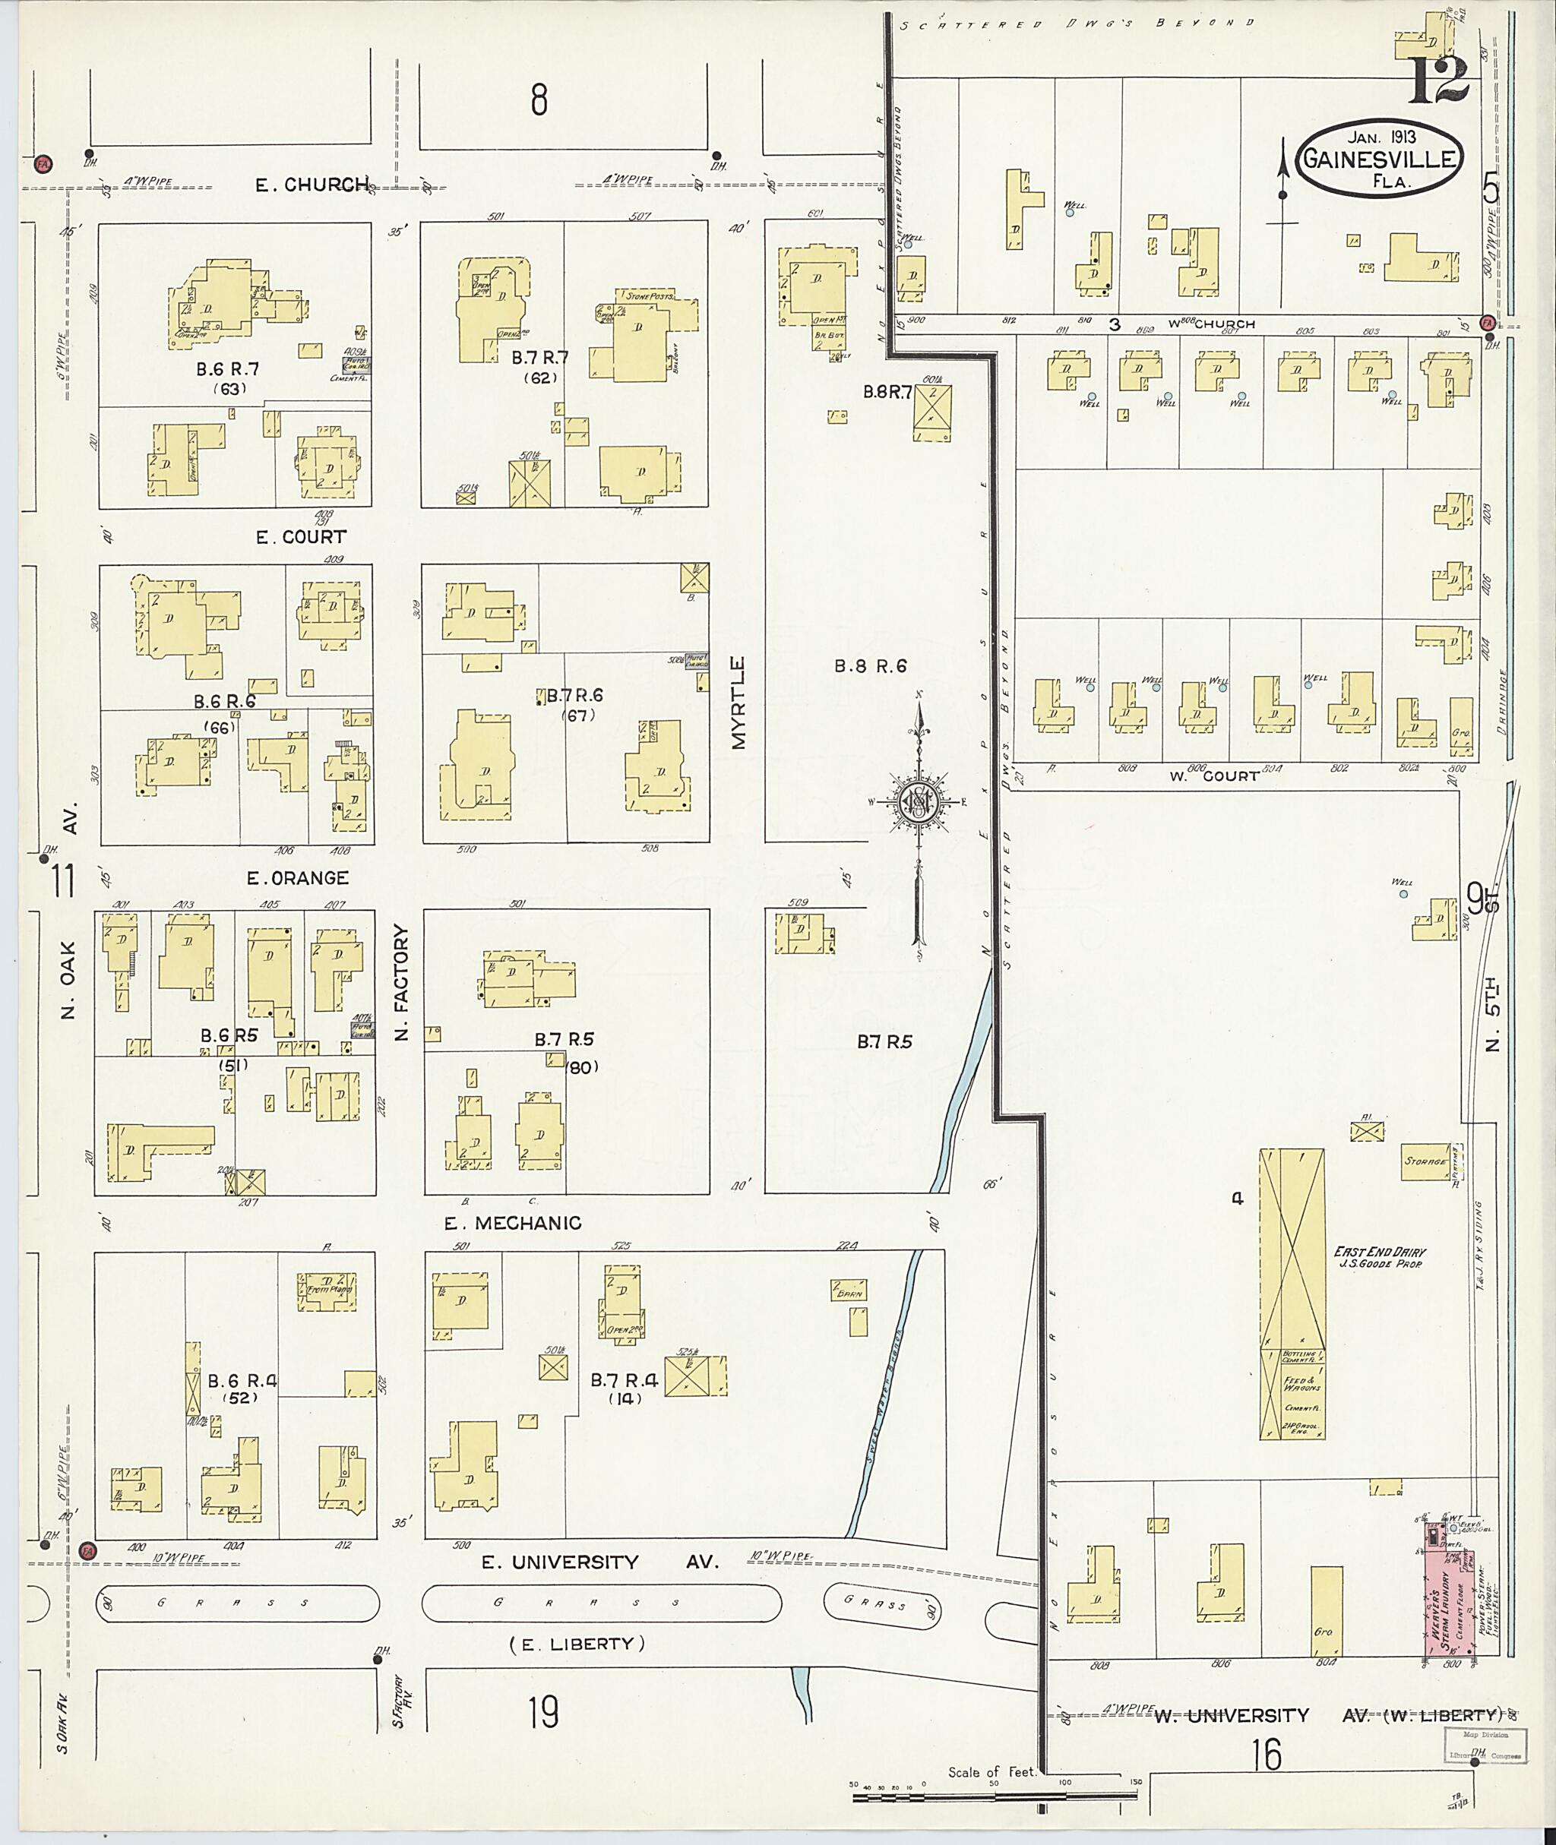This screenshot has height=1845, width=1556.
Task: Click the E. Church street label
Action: click(312, 185)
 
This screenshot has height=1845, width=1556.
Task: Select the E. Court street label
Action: click(301, 536)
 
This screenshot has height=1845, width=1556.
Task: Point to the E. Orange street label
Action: click(297, 877)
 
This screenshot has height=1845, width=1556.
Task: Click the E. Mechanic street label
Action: click(513, 1222)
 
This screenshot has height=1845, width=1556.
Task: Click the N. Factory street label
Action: click(402, 981)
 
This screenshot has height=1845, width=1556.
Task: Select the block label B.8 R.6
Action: click(870, 667)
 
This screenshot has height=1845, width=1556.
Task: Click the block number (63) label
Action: click(229, 388)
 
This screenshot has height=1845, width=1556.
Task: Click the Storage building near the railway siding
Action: click(1425, 1161)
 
